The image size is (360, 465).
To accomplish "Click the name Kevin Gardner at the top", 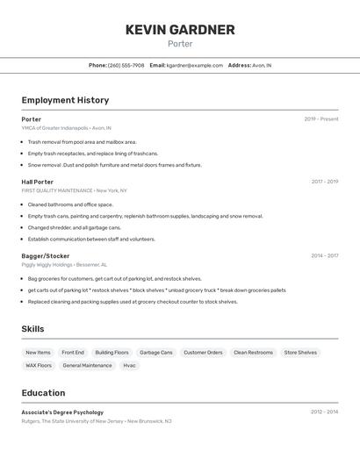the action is tap(180, 30).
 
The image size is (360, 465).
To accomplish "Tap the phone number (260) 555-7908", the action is tap(126, 65).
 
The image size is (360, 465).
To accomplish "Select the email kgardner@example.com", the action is tap(195, 65).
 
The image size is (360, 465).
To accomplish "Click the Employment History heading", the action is tap(65, 100).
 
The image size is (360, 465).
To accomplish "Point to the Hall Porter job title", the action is tap(38, 182).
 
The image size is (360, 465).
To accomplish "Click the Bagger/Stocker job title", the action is tap(46, 255).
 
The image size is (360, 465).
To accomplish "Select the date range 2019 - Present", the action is tap(321, 118).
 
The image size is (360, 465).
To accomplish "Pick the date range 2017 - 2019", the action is tap(325, 182).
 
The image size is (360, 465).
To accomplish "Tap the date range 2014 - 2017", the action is tap(325, 255).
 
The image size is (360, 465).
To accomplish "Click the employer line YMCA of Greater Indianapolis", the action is tap(54, 127).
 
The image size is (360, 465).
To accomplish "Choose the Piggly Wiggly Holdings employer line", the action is tap(47, 264).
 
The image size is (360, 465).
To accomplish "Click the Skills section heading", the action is tap(32, 329).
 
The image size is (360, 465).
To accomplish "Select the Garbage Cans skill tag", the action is tap(156, 352).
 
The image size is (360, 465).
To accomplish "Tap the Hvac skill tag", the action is tap(129, 365).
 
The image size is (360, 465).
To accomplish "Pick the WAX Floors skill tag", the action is tap(39, 365).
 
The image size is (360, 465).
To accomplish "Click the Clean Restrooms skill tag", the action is tap(253, 352).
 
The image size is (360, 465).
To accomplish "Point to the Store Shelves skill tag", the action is tap(300, 352).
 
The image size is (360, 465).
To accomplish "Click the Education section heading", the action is tap(43, 393).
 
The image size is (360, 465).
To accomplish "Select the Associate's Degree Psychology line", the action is tap(62, 411).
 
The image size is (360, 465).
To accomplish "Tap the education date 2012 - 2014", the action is tap(325, 411).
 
